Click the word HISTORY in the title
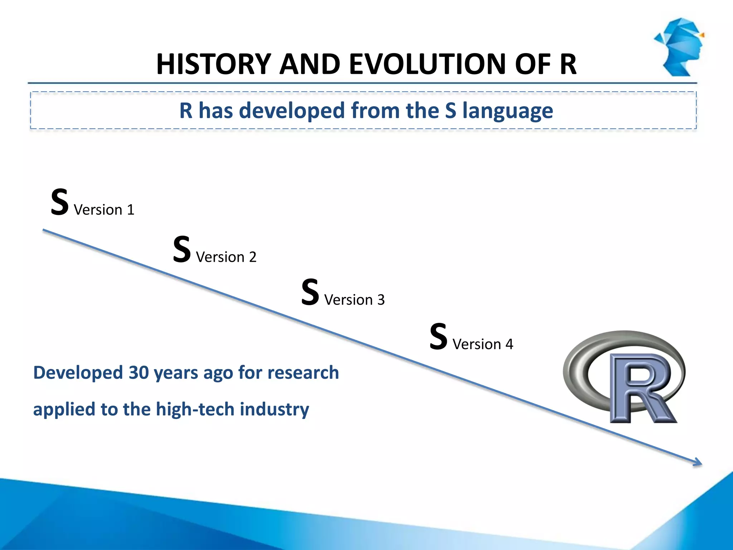pyautogui.click(x=213, y=64)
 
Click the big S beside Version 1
pyautogui.click(x=59, y=202)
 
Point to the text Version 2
pyautogui.click(x=226, y=257)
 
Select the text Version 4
pyautogui.click(x=483, y=344)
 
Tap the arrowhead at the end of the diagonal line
pyautogui.click(x=698, y=463)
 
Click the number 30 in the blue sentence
pyautogui.click(x=139, y=373)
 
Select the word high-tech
pyautogui.click(x=195, y=409)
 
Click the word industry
pyautogui.click(x=274, y=409)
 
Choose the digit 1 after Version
pyautogui.click(x=131, y=210)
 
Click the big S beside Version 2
pyautogui.click(x=182, y=250)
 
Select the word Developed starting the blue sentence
pyautogui.click(x=78, y=373)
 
